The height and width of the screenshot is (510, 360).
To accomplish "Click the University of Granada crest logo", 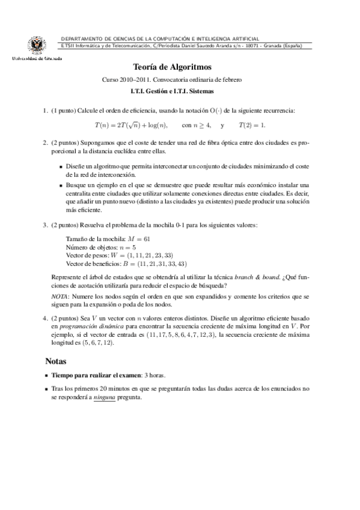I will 34,46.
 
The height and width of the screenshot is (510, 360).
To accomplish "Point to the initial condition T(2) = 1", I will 252,125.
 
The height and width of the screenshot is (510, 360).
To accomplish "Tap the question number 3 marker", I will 46,225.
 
